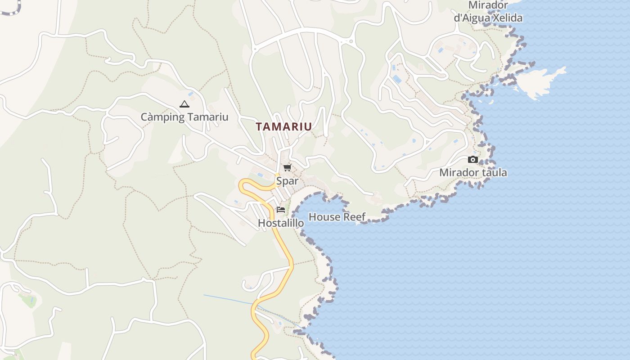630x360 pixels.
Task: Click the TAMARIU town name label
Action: pos(283,127)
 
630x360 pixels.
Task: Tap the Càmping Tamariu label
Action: pos(184,117)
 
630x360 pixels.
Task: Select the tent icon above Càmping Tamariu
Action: pos(184,104)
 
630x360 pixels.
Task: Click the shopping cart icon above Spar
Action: pos(287,168)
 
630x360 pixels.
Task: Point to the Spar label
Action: pos(287,181)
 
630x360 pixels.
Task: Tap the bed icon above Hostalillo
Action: pos(281,209)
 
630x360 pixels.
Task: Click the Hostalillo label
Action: pos(281,223)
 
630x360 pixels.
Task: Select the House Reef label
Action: pos(337,217)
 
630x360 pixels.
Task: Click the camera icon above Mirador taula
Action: pos(472,159)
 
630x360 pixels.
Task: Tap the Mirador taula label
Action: pos(473,172)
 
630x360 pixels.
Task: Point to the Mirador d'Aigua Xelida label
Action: pos(488,12)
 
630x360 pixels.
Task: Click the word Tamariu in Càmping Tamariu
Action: pos(208,117)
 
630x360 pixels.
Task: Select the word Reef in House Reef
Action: pos(355,217)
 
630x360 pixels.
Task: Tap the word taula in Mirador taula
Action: pos(494,172)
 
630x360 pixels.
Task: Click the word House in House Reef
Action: pos(324,217)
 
